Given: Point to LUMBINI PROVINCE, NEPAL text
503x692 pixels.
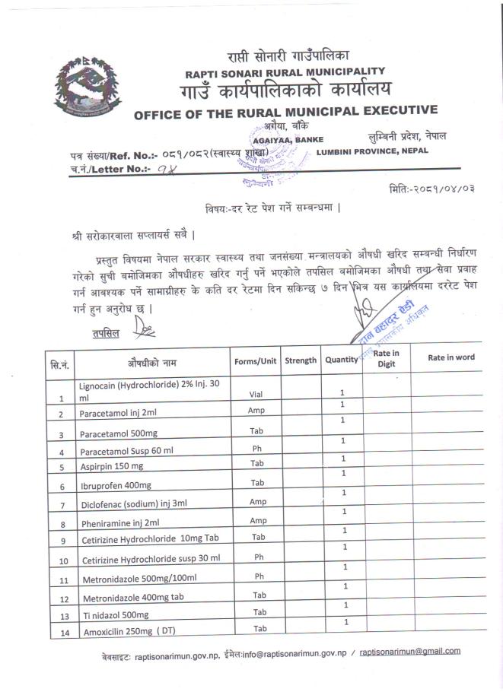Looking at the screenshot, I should (x=372, y=151).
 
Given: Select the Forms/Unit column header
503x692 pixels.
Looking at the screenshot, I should (x=256, y=360).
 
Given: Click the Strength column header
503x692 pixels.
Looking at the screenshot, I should (x=301, y=360).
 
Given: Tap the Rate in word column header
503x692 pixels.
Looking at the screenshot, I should (x=451, y=357).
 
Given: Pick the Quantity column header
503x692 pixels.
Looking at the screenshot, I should (x=341, y=360).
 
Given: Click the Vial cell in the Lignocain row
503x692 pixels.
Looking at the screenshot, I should (x=256, y=394).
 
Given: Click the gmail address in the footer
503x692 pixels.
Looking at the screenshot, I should (x=410, y=651).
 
